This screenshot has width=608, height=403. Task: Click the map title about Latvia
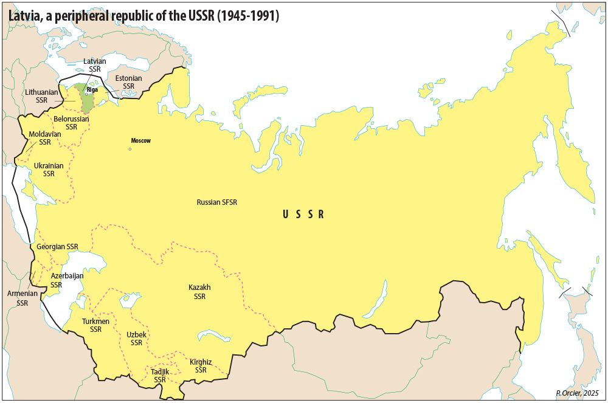(x=144, y=16)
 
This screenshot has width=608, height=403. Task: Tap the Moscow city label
(x=140, y=140)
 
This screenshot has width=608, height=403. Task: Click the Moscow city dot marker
(x=130, y=149)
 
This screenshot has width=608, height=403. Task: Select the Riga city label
(x=92, y=89)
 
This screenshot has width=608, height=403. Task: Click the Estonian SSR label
(x=128, y=82)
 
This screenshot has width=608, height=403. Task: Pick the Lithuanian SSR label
(x=41, y=96)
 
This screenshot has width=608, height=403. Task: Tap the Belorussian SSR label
(x=71, y=123)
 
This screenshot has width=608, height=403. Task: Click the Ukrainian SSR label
(x=49, y=170)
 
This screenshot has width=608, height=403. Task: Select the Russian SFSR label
(x=217, y=202)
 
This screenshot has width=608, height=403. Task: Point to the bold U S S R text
(x=303, y=214)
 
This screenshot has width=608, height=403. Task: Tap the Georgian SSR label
(x=57, y=247)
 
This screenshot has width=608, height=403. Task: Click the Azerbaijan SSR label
(x=67, y=280)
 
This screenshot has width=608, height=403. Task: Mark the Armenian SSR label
(x=22, y=298)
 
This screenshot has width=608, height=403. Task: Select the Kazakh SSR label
(x=199, y=292)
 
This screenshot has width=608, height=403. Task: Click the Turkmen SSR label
(x=95, y=325)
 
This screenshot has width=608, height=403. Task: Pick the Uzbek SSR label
(x=136, y=339)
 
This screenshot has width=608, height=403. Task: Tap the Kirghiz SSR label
(x=201, y=366)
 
